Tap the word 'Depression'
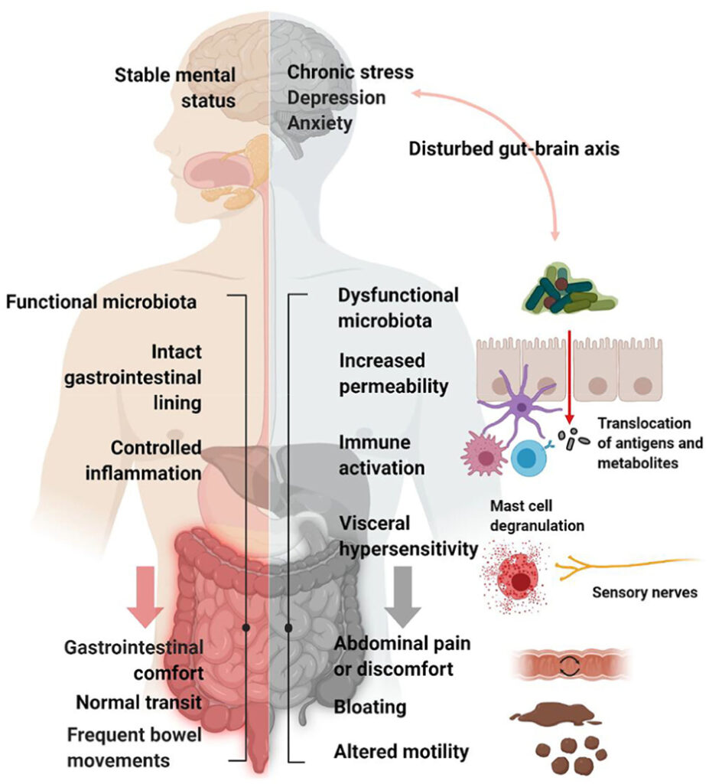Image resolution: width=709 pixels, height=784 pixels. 337,97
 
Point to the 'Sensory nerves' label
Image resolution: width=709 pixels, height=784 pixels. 644,593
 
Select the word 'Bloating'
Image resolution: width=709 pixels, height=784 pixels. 369,707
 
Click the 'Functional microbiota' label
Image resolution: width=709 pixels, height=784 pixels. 101,302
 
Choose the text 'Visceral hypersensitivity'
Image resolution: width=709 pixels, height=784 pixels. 405,536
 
